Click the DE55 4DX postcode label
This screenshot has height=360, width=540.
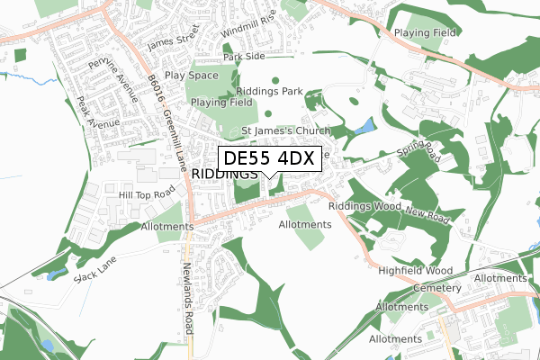268,159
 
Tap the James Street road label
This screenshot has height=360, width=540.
173,40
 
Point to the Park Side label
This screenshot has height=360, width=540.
244,57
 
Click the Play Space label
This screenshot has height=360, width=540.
191,76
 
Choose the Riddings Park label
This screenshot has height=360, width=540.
268,92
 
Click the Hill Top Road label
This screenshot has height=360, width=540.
145,193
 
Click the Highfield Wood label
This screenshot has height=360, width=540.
415,270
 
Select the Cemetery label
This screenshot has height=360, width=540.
438,288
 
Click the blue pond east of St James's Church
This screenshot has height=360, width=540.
364,127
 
